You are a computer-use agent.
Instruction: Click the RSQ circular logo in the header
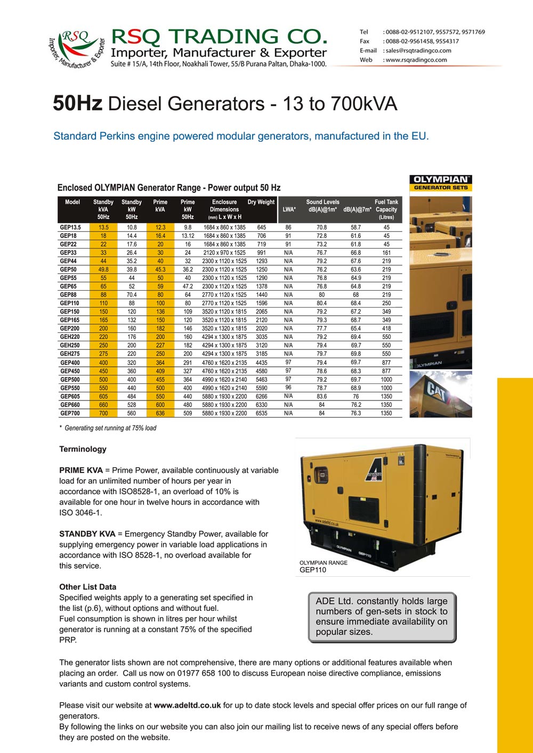[x=76, y=48]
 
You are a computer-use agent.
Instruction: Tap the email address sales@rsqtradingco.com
[x=418, y=51]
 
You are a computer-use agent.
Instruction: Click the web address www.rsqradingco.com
[x=416, y=60]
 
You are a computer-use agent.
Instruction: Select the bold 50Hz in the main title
[x=77, y=103]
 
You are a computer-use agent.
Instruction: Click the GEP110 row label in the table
[x=69, y=303]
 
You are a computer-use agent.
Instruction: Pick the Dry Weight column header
[x=261, y=202]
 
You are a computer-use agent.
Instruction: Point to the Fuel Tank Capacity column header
[x=386, y=209]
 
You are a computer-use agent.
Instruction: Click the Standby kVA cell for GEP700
[x=103, y=413]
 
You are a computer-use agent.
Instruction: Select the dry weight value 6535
[x=261, y=413]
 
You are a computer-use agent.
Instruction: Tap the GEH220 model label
[x=70, y=337]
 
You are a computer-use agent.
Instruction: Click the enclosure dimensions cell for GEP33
[x=224, y=253]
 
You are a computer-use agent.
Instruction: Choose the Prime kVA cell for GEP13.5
[x=160, y=227]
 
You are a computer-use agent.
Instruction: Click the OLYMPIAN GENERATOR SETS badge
[x=440, y=183]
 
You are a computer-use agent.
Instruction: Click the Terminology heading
[x=83, y=449]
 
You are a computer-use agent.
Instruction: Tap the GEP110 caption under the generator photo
[x=313, y=570]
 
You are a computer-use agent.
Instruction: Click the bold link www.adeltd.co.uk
[x=187, y=705]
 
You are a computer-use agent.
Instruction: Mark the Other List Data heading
[x=87, y=587]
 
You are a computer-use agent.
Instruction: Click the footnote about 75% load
[x=108, y=428]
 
